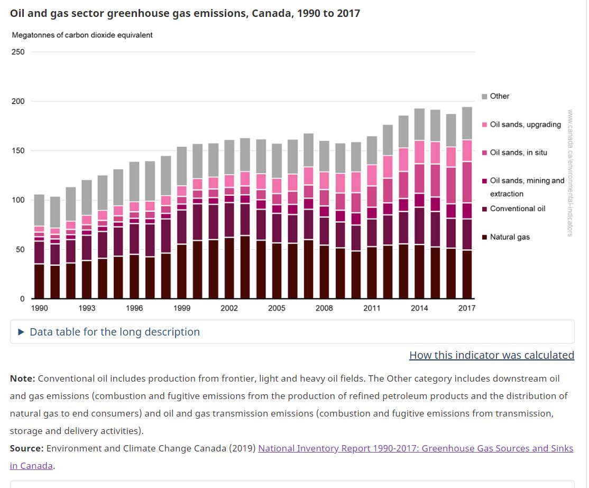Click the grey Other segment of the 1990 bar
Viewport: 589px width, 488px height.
39,210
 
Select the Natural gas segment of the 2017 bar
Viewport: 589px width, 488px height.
467,274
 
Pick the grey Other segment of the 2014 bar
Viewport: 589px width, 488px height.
419,124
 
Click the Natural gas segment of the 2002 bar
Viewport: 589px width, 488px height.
229,268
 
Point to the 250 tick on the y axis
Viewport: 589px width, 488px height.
18,52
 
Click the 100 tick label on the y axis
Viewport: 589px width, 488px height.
18,200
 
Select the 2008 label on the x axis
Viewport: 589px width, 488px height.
324,308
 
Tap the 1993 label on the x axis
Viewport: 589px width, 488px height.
87,308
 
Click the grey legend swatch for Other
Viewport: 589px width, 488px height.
484,96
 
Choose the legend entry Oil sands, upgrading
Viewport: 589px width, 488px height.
525,124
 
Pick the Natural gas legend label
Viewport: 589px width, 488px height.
510,237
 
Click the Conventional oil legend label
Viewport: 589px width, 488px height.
517,209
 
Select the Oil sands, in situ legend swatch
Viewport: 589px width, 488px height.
484,152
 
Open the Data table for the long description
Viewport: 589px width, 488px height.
114,332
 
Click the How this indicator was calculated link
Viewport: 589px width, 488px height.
491,355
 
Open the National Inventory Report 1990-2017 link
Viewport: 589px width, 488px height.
415,448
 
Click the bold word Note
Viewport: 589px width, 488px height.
22,378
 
